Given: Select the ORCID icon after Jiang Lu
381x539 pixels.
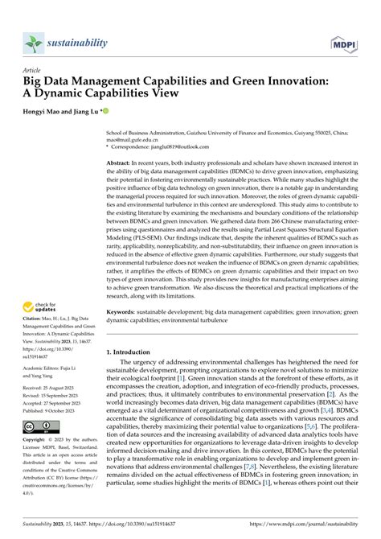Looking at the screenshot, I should click(104, 109).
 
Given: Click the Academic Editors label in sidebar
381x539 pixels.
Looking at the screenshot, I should click(47, 368).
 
